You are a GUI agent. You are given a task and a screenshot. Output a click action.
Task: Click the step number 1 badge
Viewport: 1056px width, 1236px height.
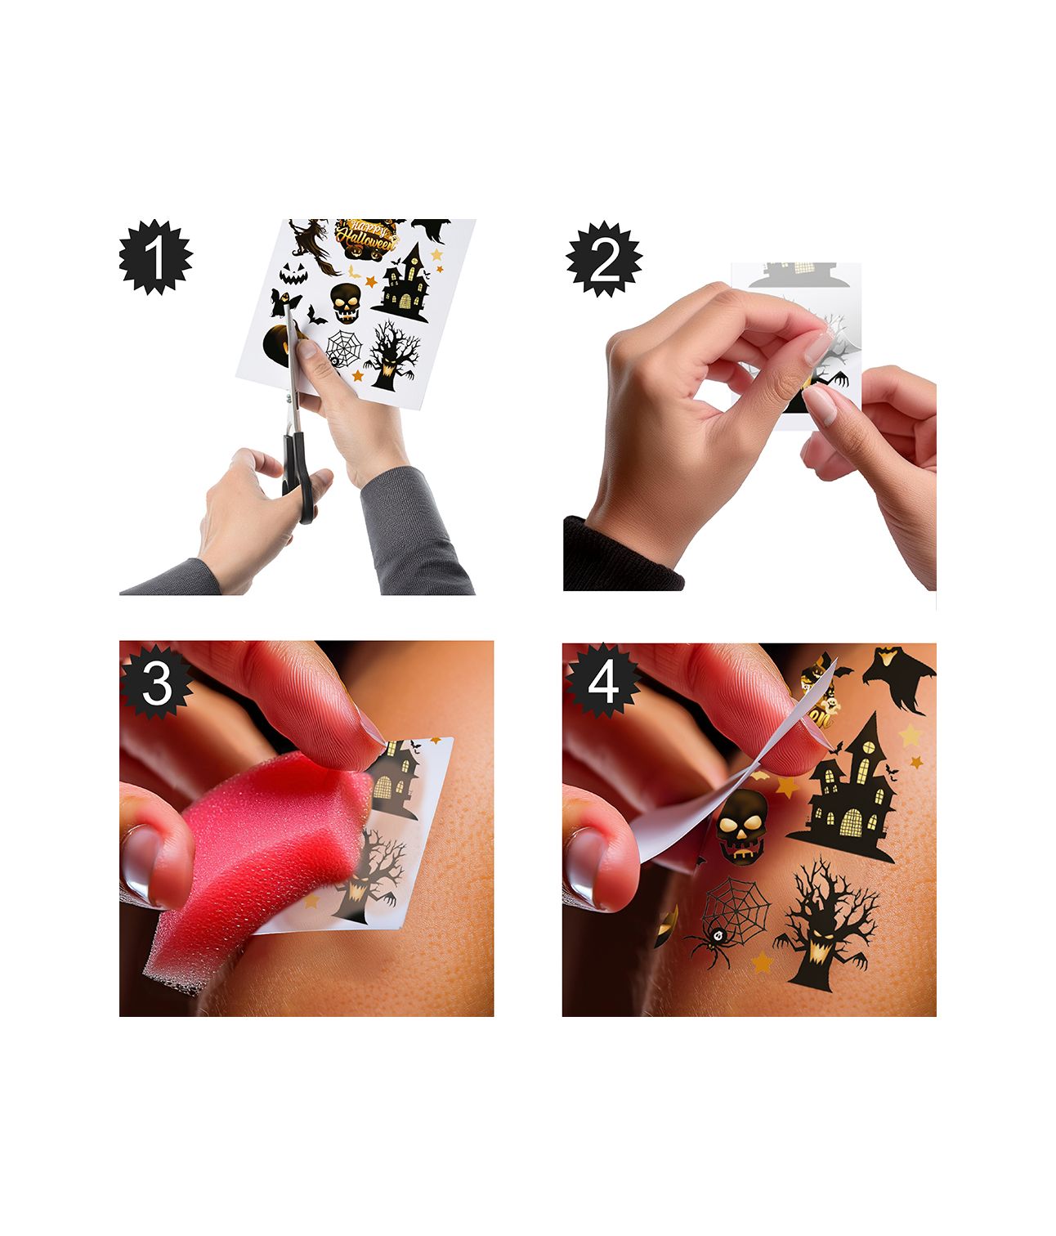tap(155, 257)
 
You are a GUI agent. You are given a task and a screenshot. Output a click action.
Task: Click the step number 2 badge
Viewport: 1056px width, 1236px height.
tap(604, 259)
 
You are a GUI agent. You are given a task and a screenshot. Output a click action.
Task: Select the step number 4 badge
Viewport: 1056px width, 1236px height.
tap(602, 683)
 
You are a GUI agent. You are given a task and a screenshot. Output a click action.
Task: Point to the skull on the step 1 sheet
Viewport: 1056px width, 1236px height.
tap(346, 303)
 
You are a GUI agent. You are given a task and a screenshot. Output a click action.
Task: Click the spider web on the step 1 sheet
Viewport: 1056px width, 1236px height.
tap(344, 348)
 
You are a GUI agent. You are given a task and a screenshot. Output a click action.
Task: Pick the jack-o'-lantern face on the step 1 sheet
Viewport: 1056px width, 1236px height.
tap(293, 273)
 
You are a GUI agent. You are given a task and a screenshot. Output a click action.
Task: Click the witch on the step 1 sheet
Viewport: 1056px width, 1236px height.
tap(314, 245)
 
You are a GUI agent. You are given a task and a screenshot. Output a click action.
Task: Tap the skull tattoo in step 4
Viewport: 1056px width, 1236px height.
tap(742, 826)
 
